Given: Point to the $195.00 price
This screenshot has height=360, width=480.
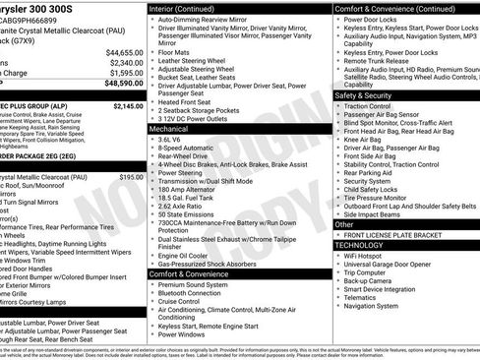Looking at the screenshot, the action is click(131, 177).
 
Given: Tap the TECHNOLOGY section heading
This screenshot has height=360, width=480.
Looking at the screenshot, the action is click(366, 246).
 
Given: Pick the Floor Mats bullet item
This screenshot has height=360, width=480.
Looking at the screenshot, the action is click(178, 50).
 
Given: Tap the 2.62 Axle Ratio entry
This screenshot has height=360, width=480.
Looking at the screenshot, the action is click(184, 205).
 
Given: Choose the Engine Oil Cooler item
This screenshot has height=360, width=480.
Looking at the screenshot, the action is click(186, 255).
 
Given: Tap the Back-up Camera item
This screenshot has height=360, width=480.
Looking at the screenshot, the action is click(372, 280).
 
